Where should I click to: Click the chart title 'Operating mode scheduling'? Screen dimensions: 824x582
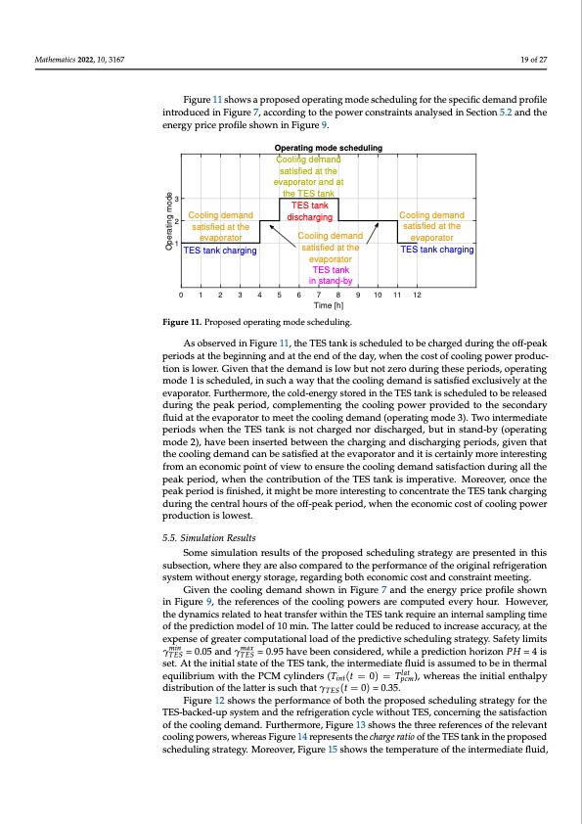pyautogui.click(x=329, y=148)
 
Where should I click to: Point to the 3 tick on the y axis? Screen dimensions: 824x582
pyautogui.click(x=176, y=199)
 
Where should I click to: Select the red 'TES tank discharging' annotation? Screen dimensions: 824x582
pyautogui.click(x=309, y=211)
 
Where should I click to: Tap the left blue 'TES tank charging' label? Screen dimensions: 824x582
pyautogui.click(x=220, y=251)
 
